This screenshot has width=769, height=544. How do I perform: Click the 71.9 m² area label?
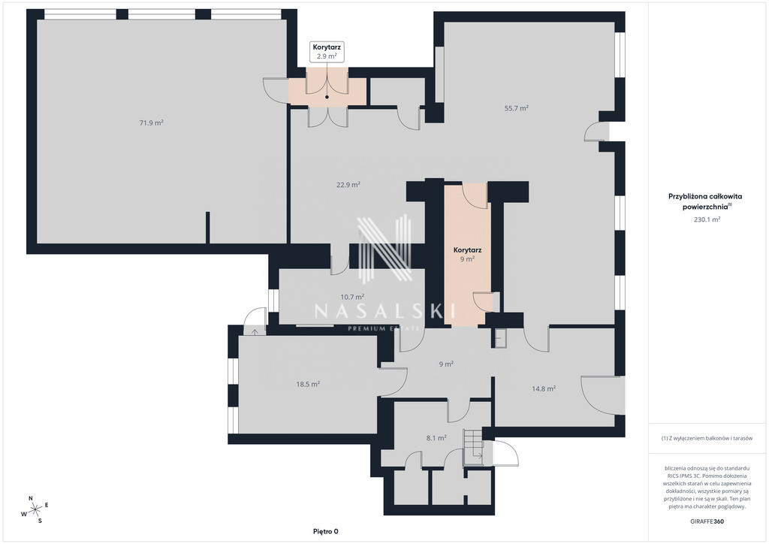click(x=152, y=123)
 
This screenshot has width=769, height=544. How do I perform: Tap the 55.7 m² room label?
click(x=517, y=108)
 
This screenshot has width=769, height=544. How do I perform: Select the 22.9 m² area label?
click(x=348, y=185)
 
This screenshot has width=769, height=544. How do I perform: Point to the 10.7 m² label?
click(x=352, y=297)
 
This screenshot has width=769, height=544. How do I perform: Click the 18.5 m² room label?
click(x=308, y=384)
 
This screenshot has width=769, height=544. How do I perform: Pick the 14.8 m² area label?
click(x=544, y=388)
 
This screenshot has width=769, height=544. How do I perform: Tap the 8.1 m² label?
click(x=436, y=438)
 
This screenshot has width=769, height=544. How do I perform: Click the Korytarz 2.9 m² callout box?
click(x=327, y=52)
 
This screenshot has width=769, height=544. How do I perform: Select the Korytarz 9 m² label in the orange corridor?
click(x=467, y=254)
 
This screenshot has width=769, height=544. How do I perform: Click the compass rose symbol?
click(x=35, y=509)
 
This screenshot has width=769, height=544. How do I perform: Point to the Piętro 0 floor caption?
click(x=326, y=531)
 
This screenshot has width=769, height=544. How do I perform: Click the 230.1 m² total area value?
click(x=707, y=219)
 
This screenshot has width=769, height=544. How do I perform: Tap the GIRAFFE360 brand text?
click(x=706, y=521)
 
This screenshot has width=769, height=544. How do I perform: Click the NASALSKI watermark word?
click(x=384, y=310)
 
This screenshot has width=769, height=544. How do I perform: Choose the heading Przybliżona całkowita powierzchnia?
click(x=706, y=201)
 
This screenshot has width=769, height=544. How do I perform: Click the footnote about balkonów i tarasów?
click(x=707, y=438)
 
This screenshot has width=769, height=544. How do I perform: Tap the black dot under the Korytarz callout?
click(x=327, y=97)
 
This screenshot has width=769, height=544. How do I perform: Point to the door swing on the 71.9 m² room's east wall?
click(x=275, y=90)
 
